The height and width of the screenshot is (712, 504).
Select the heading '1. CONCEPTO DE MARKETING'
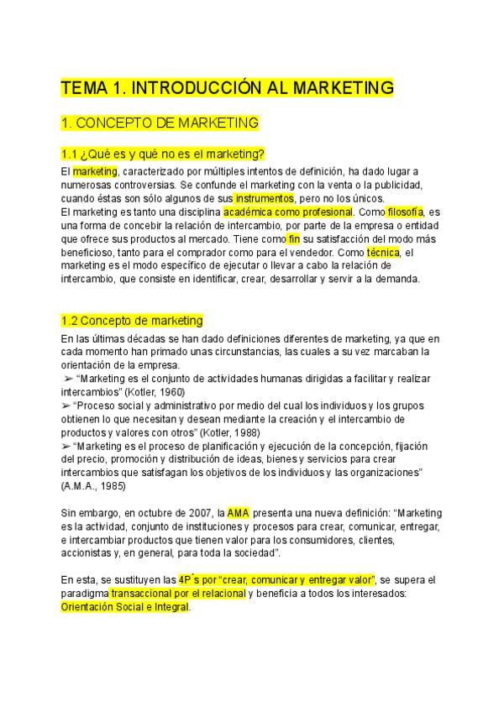click(x=160, y=123)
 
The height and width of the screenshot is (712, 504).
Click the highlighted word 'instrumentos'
click(x=264, y=198)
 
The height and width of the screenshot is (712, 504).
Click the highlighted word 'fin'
click(x=293, y=238)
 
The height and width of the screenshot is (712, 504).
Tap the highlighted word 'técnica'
click(x=384, y=252)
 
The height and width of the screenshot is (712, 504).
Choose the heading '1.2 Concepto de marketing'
click(x=132, y=321)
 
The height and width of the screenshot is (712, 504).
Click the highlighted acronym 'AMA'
click(x=239, y=513)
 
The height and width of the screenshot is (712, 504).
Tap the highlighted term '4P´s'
click(x=193, y=580)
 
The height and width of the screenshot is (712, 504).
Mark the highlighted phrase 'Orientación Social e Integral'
click(x=125, y=607)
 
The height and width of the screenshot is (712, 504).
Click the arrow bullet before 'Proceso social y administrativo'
click(x=66, y=406)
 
